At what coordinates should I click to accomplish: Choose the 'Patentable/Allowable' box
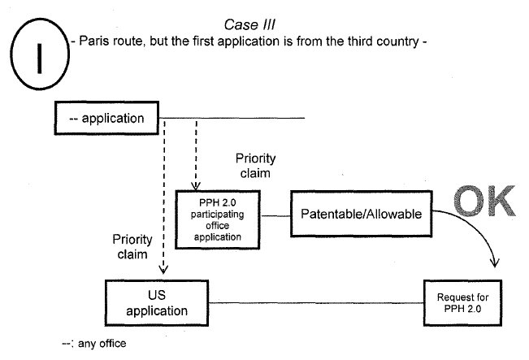pos(362,215)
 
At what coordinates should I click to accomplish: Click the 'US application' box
pos(157,303)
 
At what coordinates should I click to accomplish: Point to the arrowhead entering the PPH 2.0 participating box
pos(196,184)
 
